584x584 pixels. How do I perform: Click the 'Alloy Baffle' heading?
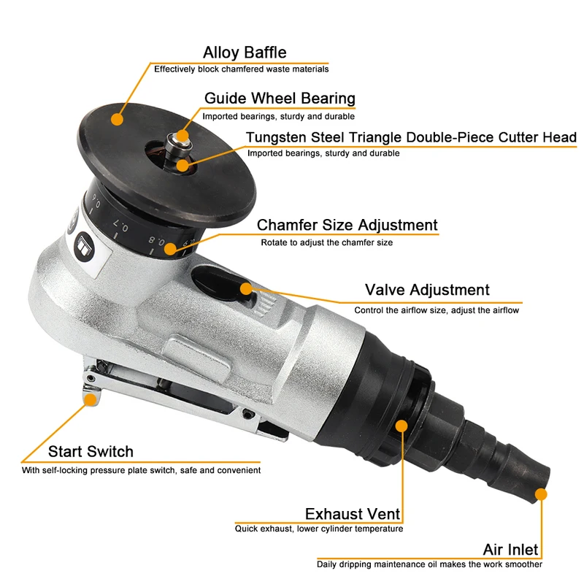pyautogui.click(x=245, y=53)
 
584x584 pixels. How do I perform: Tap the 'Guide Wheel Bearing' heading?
pyautogui.click(x=280, y=99)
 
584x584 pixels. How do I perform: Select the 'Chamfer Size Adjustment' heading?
pyautogui.click(x=347, y=225)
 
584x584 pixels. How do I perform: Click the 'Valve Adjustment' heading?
pyautogui.click(x=427, y=291)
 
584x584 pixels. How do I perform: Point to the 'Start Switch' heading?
pyautogui.click(x=91, y=452)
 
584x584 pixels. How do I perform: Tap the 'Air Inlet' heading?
pyautogui.click(x=510, y=549)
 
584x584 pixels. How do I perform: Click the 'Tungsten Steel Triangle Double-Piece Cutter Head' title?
pyautogui.click(x=411, y=137)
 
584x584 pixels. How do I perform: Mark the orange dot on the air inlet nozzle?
pyautogui.click(x=540, y=494)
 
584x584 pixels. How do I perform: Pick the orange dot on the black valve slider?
pyautogui.click(x=246, y=288)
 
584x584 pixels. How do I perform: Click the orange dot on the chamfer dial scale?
pyautogui.click(x=169, y=249)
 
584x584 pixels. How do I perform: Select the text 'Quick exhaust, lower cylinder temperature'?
pyautogui.click(x=318, y=529)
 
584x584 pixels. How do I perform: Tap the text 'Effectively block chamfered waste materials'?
pyautogui.click(x=241, y=69)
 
